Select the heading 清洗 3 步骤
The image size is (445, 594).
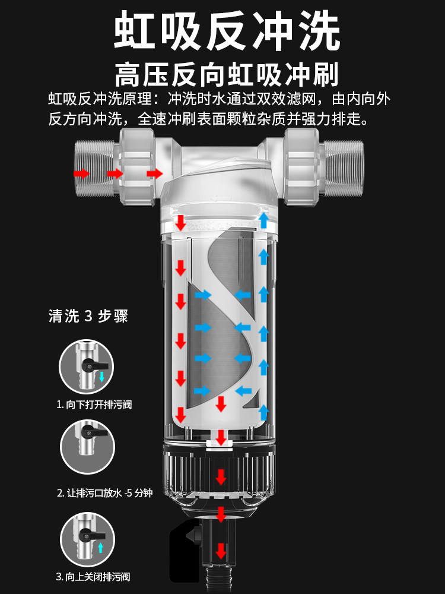point(88,315)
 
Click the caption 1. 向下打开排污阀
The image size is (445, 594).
point(94,405)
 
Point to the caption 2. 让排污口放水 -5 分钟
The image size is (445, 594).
point(104,493)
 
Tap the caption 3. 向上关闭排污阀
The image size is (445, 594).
point(93,577)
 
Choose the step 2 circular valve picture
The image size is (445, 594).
point(87,448)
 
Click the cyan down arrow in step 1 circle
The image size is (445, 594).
point(101,377)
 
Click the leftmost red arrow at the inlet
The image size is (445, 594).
point(81,173)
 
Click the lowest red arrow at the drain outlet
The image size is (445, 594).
point(221,551)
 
